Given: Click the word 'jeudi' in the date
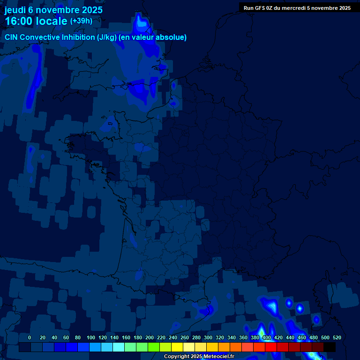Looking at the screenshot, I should point(15,10).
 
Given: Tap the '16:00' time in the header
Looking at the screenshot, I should point(19,21).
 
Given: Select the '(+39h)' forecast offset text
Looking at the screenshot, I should point(81,21).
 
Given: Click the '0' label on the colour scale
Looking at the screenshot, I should point(30,337).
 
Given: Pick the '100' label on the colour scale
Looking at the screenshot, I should point(91,337).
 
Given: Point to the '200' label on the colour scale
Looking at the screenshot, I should point(150,337).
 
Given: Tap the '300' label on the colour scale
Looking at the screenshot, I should point(208,337).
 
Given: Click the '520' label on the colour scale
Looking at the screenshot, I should point(337,337).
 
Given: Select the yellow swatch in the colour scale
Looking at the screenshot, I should point(177,347).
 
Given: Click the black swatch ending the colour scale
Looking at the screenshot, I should point(329,347).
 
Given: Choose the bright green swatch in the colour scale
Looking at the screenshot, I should point(153,347).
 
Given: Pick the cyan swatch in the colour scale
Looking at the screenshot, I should point(118,347).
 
